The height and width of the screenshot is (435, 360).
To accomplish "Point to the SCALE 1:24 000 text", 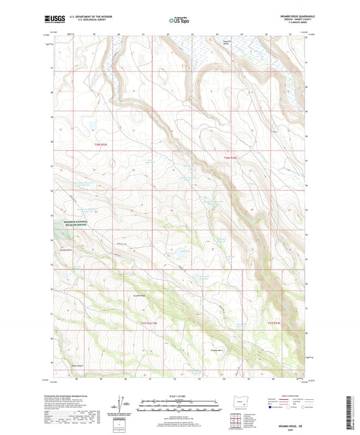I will (x=180, y=396).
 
